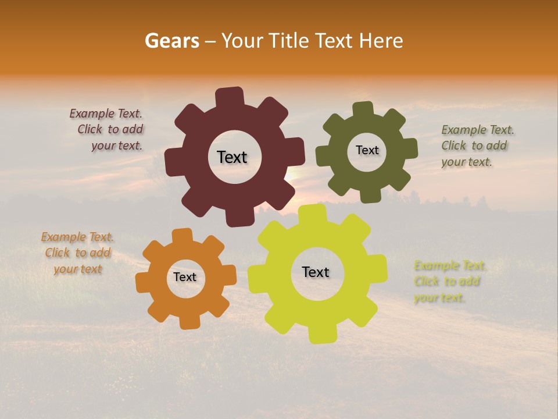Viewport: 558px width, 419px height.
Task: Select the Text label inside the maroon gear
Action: pos(232,157)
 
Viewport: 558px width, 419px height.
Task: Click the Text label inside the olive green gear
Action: pos(367,150)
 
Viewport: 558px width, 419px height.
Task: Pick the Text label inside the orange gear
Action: pos(185,277)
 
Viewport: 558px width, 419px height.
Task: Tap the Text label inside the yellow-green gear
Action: pos(316,272)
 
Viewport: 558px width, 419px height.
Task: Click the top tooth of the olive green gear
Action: pos(363,109)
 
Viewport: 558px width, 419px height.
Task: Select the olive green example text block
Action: pos(474,145)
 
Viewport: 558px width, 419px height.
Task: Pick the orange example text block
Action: pos(78,253)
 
